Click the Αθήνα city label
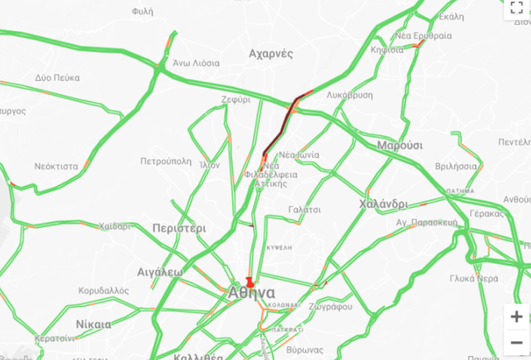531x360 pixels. click(252, 293)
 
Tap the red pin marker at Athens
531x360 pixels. click(250, 282)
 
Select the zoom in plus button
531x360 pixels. click(516, 317)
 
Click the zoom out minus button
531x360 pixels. click(516, 342)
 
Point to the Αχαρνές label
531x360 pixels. click(271, 54)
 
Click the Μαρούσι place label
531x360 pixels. click(400, 145)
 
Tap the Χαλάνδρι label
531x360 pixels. click(384, 204)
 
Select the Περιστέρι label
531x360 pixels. click(179, 229)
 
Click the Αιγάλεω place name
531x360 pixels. click(160, 272)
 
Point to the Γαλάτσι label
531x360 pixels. click(305, 209)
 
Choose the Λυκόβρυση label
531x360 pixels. click(350, 95)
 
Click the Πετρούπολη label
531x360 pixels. click(165, 161)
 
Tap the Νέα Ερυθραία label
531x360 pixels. click(422, 36)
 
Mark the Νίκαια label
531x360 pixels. click(94, 324)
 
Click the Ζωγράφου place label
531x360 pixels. click(331, 306)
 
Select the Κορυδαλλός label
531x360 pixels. click(103, 290)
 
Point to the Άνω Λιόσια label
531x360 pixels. click(196, 63)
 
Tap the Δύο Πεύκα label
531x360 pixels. click(57, 78)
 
